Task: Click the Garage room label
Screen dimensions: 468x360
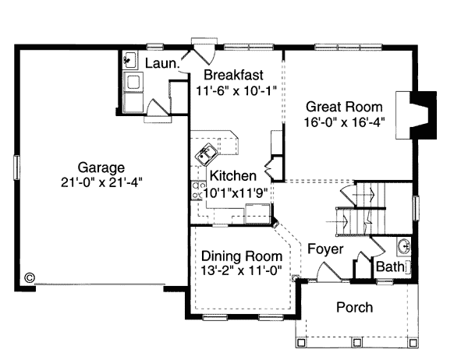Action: click(x=101, y=168)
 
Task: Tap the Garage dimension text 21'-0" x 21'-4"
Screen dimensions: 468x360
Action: click(x=101, y=182)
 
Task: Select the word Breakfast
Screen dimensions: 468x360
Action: click(x=233, y=75)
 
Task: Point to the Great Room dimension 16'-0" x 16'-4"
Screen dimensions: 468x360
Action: click(x=344, y=122)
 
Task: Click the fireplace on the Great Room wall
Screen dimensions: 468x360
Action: click(x=417, y=115)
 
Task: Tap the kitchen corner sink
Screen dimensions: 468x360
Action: click(x=206, y=154)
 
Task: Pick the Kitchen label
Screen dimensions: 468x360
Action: click(x=233, y=175)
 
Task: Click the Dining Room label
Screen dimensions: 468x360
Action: click(x=242, y=256)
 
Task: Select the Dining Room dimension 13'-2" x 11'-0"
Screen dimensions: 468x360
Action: click(x=241, y=270)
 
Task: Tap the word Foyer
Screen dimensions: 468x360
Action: click(x=325, y=249)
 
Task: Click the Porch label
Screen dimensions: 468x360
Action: click(x=355, y=307)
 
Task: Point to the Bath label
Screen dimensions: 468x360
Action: click(x=390, y=266)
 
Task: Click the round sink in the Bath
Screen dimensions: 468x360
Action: click(x=404, y=246)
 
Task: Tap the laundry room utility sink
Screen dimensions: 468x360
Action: click(x=130, y=60)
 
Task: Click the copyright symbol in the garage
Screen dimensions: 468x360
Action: click(x=30, y=277)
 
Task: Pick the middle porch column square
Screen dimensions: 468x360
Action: click(x=357, y=342)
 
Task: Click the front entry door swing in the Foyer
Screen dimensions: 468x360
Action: click(x=328, y=272)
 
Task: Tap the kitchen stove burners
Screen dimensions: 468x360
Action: click(x=196, y=191)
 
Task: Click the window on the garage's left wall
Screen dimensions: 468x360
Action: click(x=16, y=168)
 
